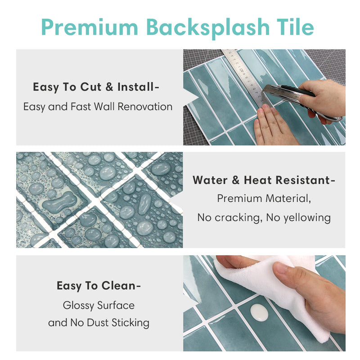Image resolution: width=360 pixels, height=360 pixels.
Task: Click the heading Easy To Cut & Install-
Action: click(95, 87)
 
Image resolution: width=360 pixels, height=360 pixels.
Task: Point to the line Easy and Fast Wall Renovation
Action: click(98, 107)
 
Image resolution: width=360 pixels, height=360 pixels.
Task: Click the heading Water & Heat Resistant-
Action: click(264, 180)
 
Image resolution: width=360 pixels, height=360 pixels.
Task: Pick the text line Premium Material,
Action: click(264, 198)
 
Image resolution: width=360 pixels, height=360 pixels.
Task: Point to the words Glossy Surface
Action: click(99, 305)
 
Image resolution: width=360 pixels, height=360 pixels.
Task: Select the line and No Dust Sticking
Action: click(99, 323)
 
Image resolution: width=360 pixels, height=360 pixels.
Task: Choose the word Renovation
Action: click(148, 107)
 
